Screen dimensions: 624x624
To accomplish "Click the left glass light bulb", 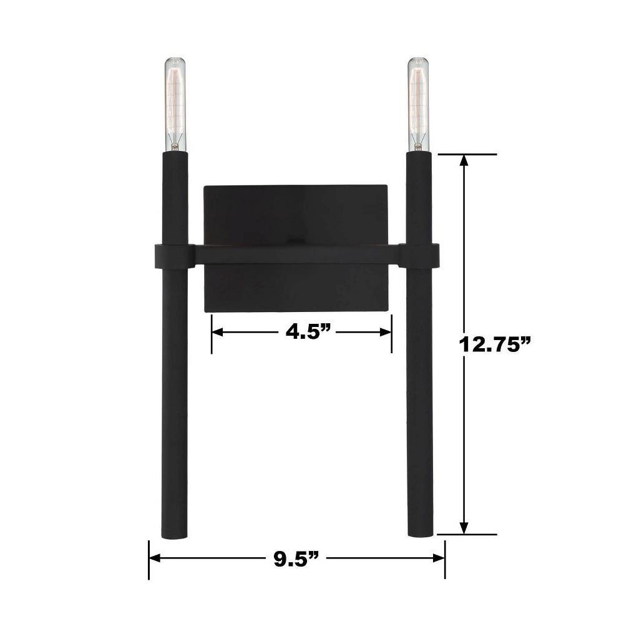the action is point(175,104).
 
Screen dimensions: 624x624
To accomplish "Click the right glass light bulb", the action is point(418,104).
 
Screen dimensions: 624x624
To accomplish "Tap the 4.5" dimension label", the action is point(309,331).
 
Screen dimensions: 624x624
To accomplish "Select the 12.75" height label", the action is point(495,344).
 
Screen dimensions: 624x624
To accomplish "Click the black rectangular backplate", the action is point(296,249).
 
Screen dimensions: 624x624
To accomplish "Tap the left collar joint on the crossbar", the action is point(174,255).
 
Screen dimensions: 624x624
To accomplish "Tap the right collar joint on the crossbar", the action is point(418,255).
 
